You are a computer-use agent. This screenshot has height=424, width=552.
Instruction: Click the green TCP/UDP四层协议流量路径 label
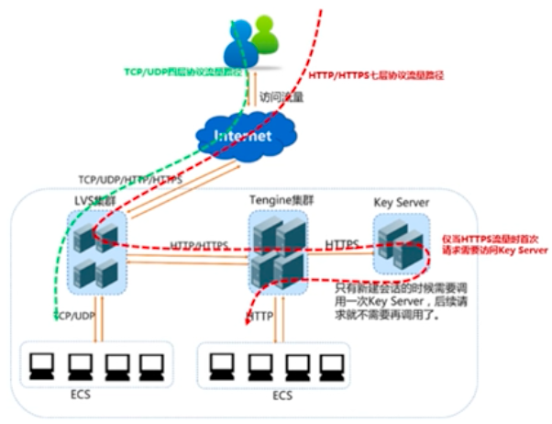click(179, 70)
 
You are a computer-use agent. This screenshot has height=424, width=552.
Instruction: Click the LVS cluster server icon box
click(96, 250)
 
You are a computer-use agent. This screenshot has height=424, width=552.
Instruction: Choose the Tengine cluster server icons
click(276, 251)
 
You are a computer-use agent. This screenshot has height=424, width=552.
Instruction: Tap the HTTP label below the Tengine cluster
click(261, 316)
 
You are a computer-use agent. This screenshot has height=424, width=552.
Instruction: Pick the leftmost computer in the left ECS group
click(40, 366)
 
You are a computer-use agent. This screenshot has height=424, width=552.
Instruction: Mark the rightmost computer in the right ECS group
click(327, 365)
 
